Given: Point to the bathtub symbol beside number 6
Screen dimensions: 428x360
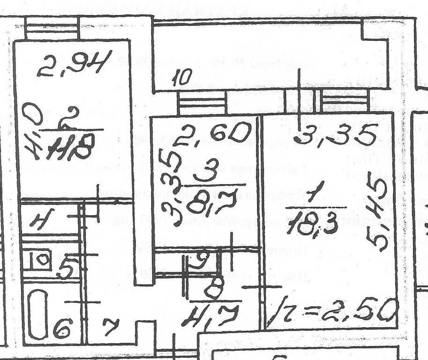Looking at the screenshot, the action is (36, 314).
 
